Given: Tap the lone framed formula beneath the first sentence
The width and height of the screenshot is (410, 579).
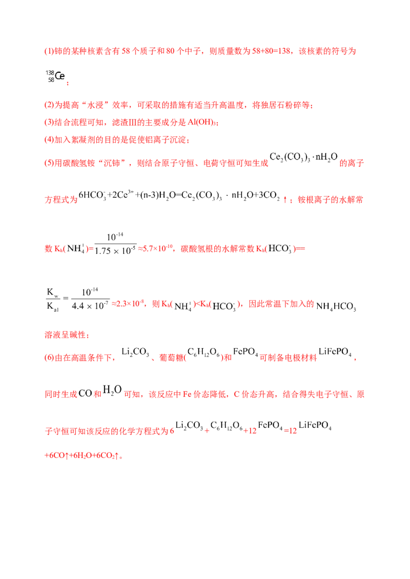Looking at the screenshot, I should pos(54,76).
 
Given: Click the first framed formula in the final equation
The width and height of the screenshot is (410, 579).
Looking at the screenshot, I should pos(188,426).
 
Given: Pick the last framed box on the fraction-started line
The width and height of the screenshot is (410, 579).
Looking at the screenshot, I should pos(336,306).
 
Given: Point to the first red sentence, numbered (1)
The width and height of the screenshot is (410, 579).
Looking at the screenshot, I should pos(200,52).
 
